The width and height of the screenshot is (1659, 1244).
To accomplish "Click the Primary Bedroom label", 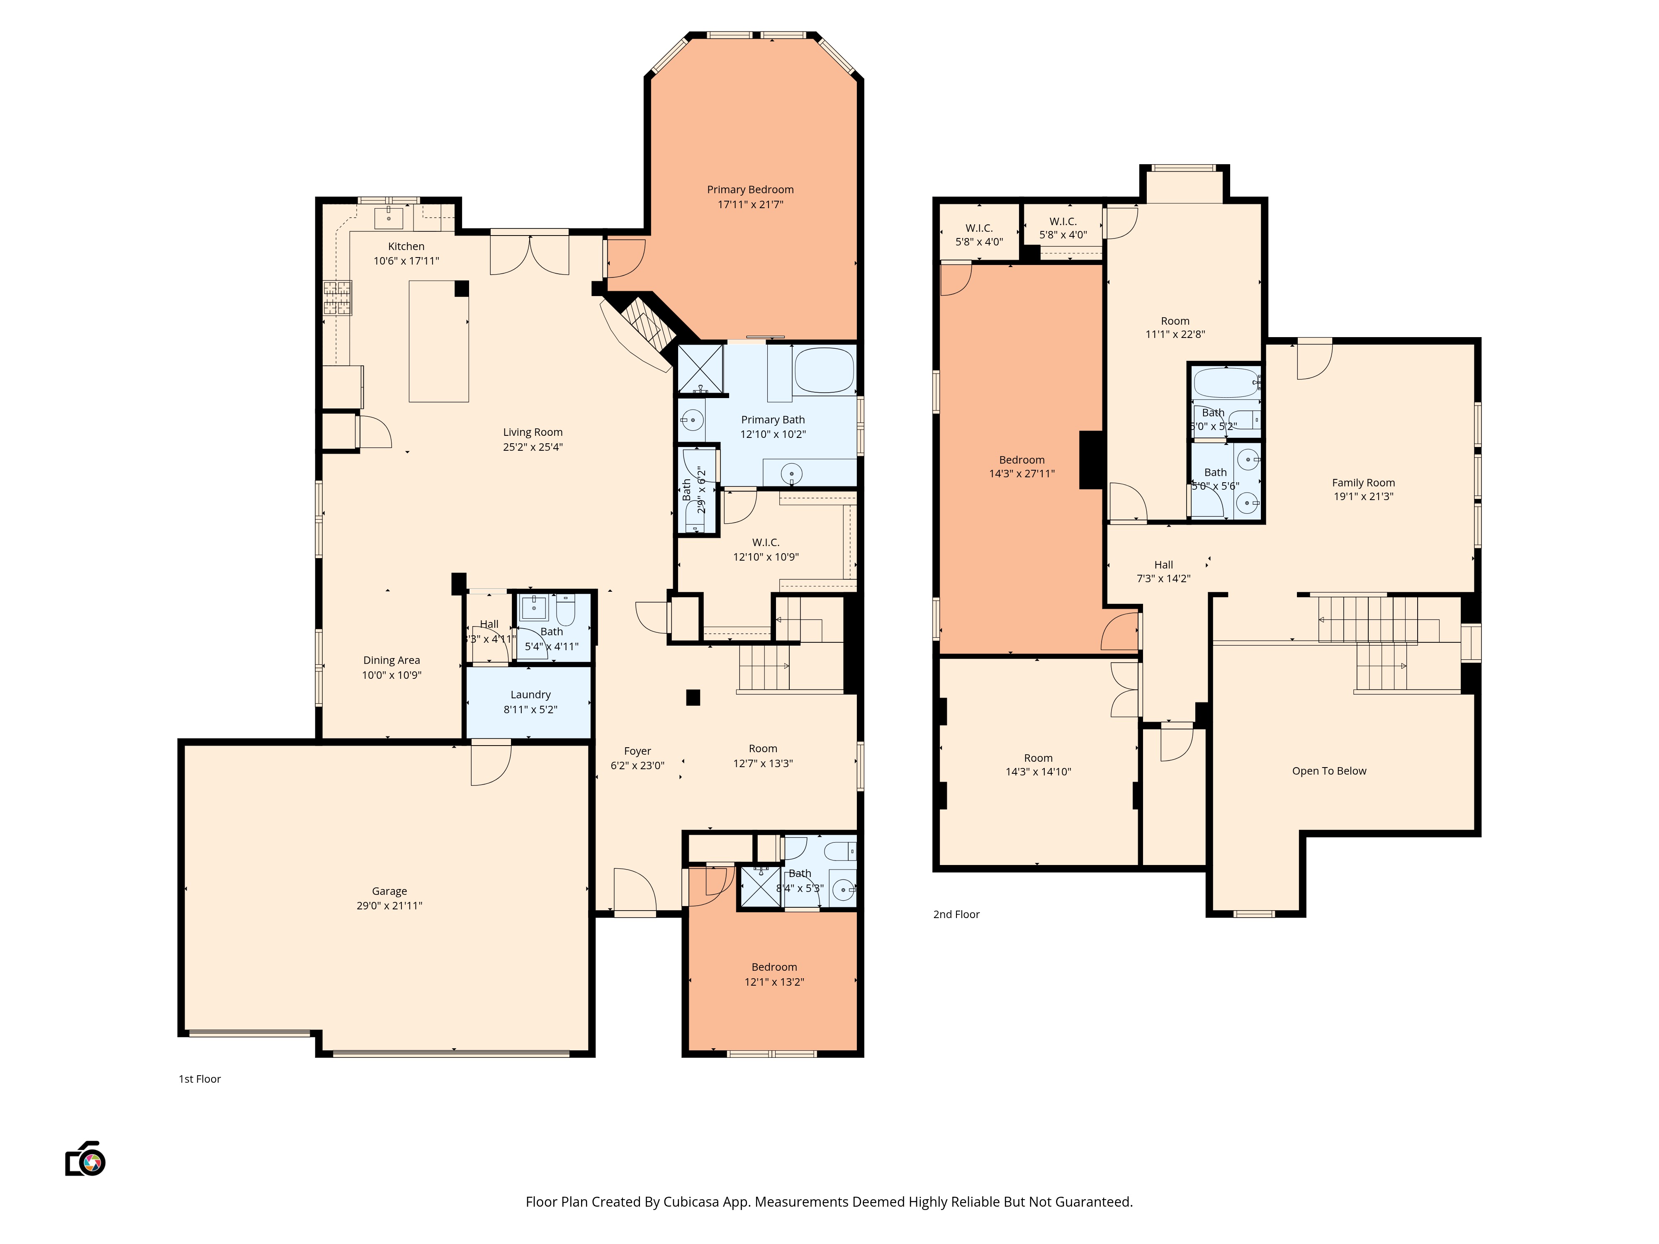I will (750, 190).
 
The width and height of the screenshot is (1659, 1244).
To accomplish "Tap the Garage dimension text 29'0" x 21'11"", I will (389, 906).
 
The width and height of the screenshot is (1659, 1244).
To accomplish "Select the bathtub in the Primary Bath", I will (824, 370).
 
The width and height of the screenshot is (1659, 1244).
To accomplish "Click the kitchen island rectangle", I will (439, 341).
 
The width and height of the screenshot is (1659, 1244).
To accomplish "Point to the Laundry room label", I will (530, 695).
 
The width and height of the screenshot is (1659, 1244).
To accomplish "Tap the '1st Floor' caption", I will (199, 1079).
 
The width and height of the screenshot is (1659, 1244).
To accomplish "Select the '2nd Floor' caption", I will (956, 914).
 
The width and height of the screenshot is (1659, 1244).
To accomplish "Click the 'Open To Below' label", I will (1329, 771).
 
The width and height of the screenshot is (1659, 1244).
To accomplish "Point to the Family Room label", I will (1363, 483).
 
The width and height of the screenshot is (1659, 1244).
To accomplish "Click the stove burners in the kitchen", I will (338, 298).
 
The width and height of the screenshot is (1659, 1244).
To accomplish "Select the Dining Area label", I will (392, 661).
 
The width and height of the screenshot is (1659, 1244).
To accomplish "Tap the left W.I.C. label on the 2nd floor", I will (979, 228).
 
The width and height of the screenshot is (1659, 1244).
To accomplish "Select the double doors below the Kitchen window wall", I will (530, 255).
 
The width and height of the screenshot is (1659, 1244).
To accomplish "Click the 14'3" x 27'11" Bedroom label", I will (1022, 460).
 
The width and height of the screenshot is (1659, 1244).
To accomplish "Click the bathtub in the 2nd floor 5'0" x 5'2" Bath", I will (1226, 382).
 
